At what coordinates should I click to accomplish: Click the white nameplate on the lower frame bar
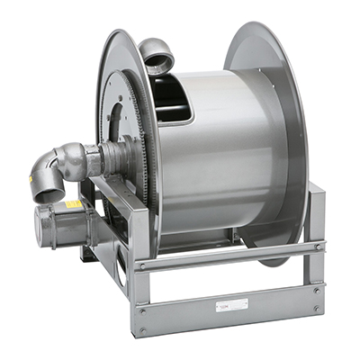224,306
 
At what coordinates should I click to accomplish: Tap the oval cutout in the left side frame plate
118,256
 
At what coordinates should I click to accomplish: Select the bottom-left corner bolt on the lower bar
141,331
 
